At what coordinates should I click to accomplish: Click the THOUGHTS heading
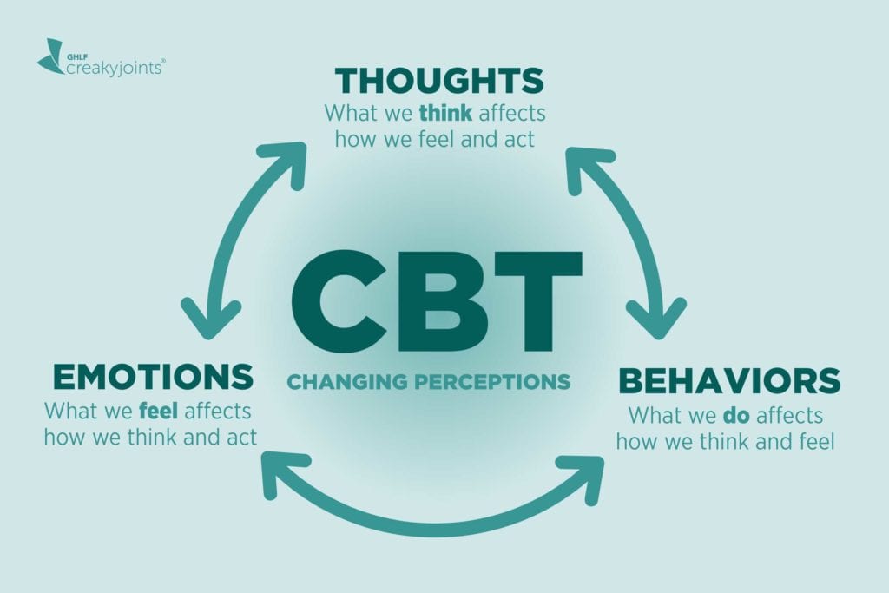439,81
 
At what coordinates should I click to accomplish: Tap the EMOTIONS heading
153,377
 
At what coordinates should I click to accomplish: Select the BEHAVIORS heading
728,380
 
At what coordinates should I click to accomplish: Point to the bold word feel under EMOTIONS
159,410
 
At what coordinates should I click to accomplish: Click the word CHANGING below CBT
344,381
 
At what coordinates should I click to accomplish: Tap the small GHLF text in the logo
79,54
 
